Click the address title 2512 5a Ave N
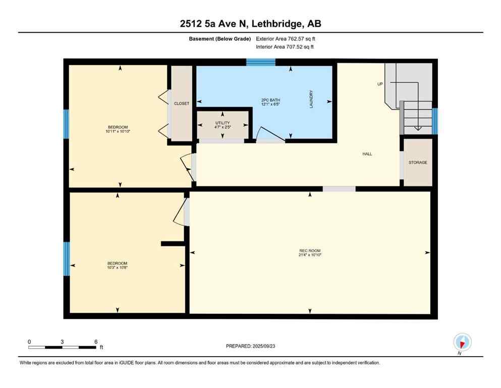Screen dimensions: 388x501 click(250, 24)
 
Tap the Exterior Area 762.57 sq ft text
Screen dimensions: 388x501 click(286, 38)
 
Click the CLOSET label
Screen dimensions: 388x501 click(182, 104)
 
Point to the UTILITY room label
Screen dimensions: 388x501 click(222, 123)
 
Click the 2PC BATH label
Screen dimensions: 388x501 click(270, 101)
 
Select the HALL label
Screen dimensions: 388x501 click(367, 154)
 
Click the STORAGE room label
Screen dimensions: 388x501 click(418, 163)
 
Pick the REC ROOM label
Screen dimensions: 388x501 click(310, 251)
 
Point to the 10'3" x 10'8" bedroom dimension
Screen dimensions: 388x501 click(117, 268)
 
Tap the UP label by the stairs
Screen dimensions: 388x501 click(380, 84)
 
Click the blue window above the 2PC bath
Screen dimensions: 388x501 click(261, 62)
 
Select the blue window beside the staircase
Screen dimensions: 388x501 click(435, 118)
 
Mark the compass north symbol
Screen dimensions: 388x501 click(462, 342)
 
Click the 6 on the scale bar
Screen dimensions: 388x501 click(95, 342)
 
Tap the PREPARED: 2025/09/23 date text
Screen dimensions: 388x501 click(250, 346)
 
